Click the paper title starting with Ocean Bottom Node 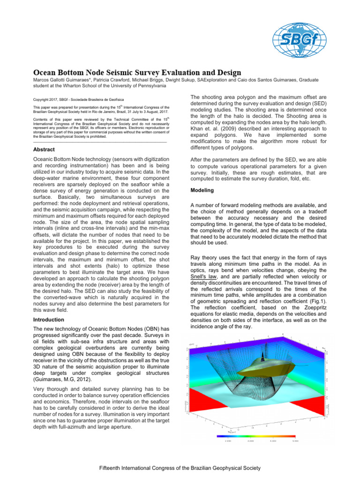pos(137,73)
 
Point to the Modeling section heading pos(202,191)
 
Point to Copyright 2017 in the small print pos(48,100)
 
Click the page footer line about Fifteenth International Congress pos(180,468)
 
